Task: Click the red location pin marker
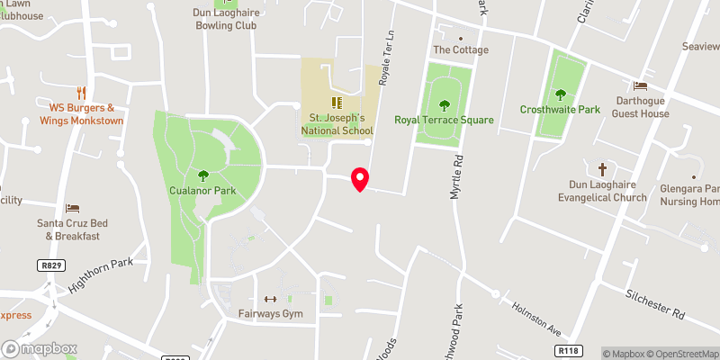click(x=360, y=179)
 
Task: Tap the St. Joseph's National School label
click(x=337, y=124)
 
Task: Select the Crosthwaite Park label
click(x=560, y=110)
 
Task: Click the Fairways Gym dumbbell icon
click(x=268, y=300)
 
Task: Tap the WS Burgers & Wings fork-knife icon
click(x=80, y=92)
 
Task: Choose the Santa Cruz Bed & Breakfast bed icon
click(x=73, y=208)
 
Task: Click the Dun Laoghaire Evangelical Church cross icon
click(x=602, y=169)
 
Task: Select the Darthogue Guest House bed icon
click(x=641, y=86)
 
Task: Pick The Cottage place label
click(x=461, y=50)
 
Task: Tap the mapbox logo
click(x=40, y=348)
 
